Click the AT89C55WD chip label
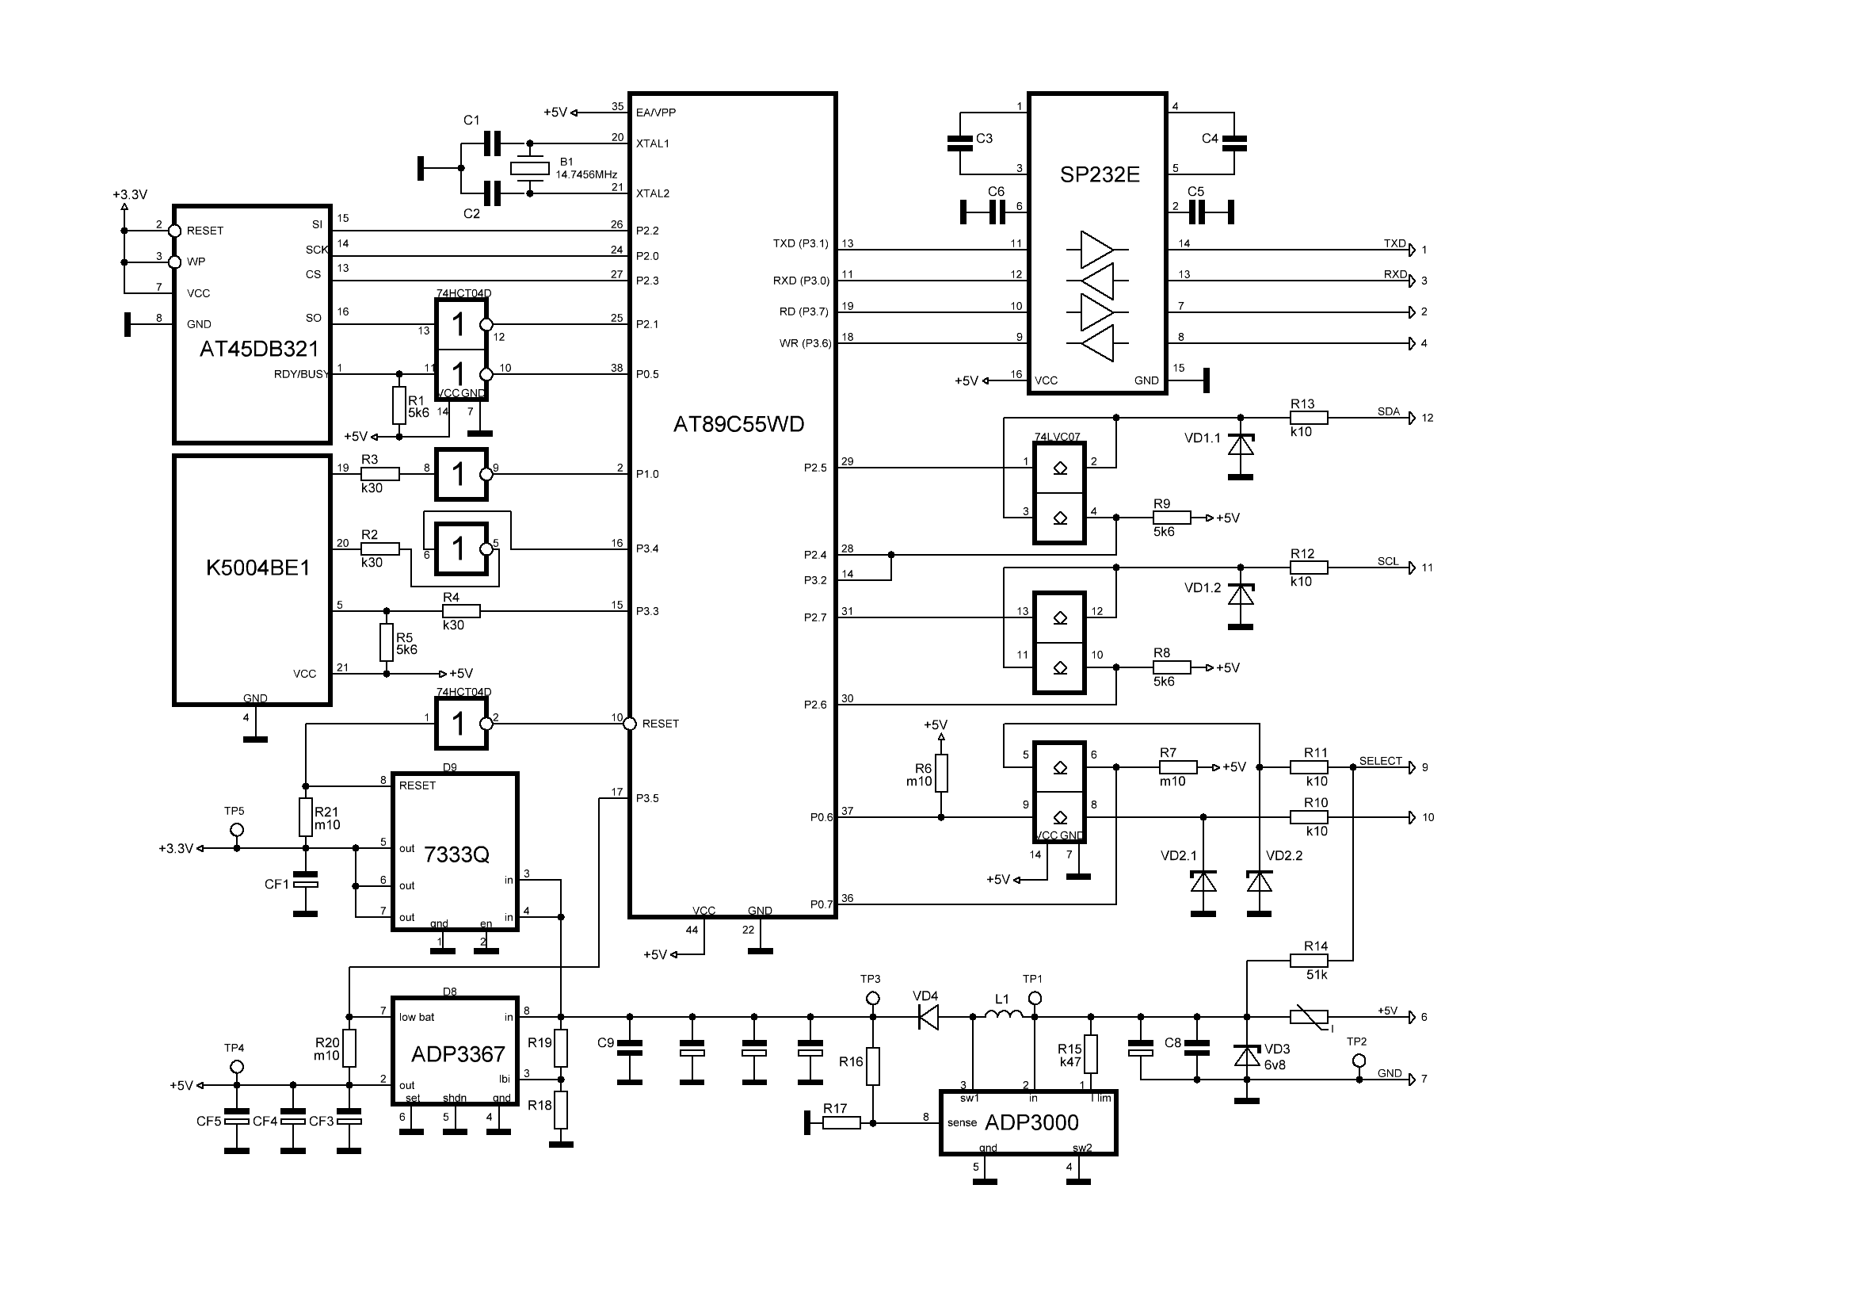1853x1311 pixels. coord(738,425)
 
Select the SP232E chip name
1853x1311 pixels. coord(1100,174)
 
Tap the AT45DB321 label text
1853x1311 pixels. coord(259,350)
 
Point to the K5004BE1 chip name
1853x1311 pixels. coord(258,568)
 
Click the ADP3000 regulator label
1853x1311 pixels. coord(1031,1122)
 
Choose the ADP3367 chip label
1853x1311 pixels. coord(458,1054)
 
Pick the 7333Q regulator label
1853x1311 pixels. coord(456,854)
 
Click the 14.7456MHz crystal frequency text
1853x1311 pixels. coord(587,174)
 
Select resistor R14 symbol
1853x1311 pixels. coord(1309,961)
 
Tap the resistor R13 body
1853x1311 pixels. coord(1309,418)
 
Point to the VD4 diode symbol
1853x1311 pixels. coord(928,1017)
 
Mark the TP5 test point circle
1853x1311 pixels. coord(236,830)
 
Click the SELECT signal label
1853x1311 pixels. coord(1380,760)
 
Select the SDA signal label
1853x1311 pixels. coord(1388,411)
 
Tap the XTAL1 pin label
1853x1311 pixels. coord(652,143)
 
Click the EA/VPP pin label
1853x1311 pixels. coord(655,113)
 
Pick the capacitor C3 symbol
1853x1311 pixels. coord(959,143)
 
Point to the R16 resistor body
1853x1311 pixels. coord(872,1065)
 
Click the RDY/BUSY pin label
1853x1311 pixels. coord(301,375)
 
